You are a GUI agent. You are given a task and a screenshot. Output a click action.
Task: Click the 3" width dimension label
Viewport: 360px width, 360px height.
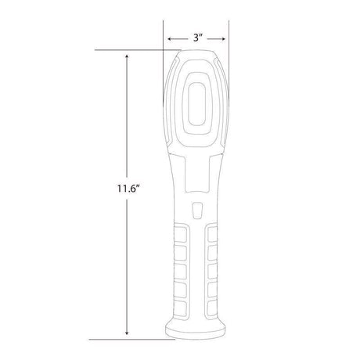click(x=198, y=36)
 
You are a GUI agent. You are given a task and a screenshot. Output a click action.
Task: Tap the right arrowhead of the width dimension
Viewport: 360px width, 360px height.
click(x=226, y=36)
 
